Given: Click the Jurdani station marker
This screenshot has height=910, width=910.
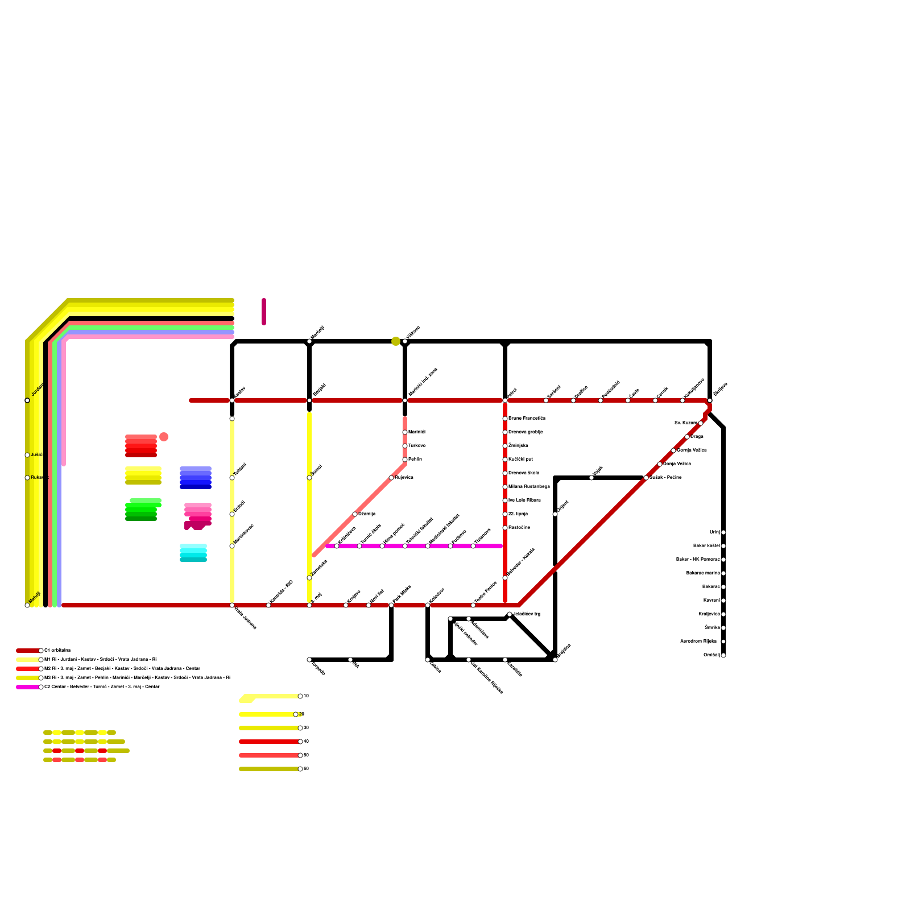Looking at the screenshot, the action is point(27,400).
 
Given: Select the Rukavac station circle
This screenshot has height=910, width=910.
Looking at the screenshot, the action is point(27,478).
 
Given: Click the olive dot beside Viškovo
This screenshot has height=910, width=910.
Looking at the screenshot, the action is point(396,341).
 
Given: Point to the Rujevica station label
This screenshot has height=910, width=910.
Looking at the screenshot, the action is point(404,478).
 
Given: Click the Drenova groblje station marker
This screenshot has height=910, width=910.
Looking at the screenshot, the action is point(505,432).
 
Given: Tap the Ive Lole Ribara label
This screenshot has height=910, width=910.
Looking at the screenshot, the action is point(524,500).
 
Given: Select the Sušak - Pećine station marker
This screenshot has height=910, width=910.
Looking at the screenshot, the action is point(646,478).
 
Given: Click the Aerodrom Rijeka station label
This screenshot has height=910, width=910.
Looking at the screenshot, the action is point(698,642).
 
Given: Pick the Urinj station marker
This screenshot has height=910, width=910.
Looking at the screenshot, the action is point(723,532).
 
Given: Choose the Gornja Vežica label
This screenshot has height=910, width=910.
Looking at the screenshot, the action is point(692,450).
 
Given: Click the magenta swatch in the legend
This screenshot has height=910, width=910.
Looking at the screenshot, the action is point(27,687).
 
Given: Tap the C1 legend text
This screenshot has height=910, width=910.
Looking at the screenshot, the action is point(57,651).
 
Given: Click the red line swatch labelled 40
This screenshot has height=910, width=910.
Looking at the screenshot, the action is point(268,742).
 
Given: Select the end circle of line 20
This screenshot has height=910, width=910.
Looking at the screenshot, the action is point(296,714).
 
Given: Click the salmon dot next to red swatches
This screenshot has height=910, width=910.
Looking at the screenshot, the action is point(164,437).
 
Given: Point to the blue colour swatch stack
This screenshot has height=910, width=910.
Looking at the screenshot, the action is point(196,478).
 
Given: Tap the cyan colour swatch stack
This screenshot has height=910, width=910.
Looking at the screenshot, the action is point(193,553).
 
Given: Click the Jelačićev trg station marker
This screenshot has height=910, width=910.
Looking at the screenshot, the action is point(510,614).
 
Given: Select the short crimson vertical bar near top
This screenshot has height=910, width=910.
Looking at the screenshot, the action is point(264,312).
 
